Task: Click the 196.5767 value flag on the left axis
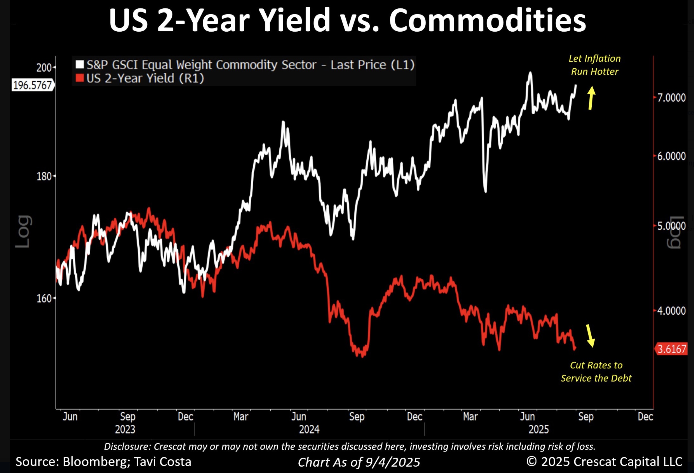coord(32,86)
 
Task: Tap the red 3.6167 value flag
coord(672,349)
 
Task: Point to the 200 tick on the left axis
coord(44,68)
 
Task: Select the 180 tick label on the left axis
coord(44,176)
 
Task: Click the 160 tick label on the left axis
coord(44,298)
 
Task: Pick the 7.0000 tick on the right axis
coord(671,98)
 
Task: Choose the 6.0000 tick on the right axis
coord(671,156)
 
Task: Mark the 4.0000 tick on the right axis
coord(671,311)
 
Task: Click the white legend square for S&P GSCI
coord(80,65)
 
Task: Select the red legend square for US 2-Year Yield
coord(80,78)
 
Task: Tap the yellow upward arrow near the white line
coord(591,98)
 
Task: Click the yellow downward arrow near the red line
coord(590,336)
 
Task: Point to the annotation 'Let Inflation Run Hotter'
coord(594,65)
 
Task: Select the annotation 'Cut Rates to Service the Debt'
coord(596,372)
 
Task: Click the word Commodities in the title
coord(487,20)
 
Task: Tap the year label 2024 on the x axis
coord(309,429)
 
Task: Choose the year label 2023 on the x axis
coord(125,429)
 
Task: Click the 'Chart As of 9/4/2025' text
coord(359,462)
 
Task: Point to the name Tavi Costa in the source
coord(162,462)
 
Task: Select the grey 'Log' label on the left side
coord(23,231)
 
